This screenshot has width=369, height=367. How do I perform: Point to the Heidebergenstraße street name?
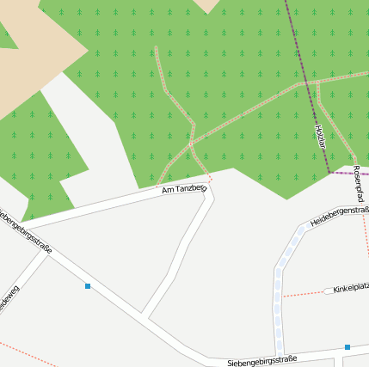point(340,216)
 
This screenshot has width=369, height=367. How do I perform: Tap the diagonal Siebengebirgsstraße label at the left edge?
point(26,229)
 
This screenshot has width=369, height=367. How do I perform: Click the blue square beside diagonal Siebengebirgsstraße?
point(88,285)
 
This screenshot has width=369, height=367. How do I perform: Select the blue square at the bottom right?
point(347,347)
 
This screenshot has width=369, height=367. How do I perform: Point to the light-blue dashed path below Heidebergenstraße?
point(279,292)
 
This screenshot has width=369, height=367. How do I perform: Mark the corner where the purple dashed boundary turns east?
point(330,173)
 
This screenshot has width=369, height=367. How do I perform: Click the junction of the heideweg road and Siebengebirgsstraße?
point(48,256)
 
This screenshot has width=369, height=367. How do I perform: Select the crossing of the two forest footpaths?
point(191,143)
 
